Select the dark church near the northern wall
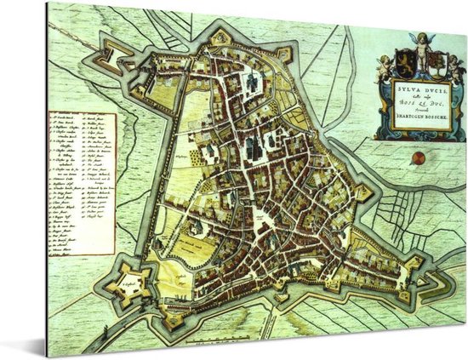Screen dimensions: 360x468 click(252, 81)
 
